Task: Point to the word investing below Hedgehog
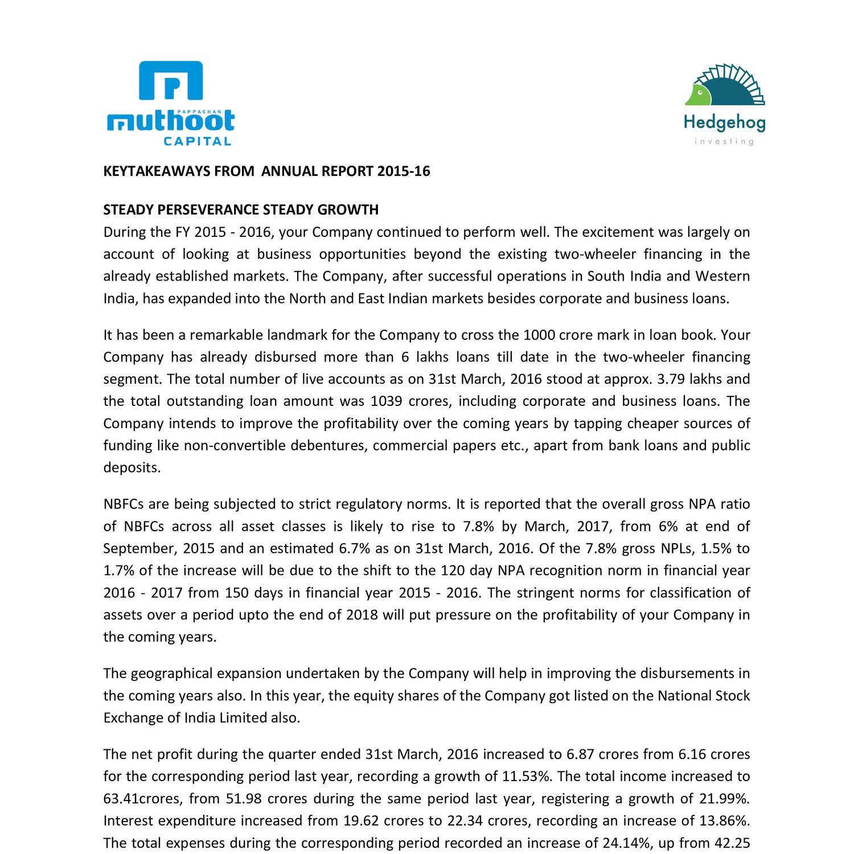tap(724, 141)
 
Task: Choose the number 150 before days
tap(237, 593)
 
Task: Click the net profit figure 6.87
tap(580, 755)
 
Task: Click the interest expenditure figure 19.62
tap(361, 822)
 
